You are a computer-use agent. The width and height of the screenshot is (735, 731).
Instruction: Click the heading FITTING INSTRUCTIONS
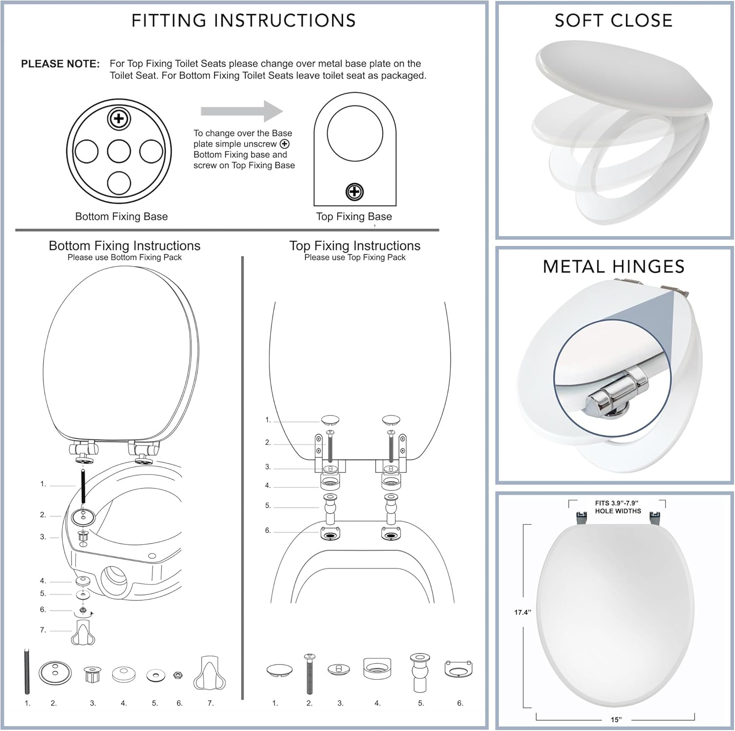(x=244, y=21)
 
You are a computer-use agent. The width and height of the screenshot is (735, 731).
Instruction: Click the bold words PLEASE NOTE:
(x=60, y=64)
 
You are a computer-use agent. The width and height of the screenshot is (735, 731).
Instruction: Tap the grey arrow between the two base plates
(x=242, y=111)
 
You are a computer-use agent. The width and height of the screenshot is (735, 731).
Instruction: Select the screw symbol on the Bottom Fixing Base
(x=119, y=119)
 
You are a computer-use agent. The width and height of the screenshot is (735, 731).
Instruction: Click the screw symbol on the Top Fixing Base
(x=354, y=192)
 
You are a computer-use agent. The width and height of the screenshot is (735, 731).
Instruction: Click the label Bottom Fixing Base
(x=121, y=217)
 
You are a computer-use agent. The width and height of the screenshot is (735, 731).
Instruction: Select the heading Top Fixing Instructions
(x=355, y=245)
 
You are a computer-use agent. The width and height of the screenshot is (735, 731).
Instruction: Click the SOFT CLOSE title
(x=613, y=21)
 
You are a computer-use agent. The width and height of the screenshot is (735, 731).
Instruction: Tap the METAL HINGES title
(x=613, y=267)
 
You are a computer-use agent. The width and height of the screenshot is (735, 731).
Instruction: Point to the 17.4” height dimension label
(x=522, y=612)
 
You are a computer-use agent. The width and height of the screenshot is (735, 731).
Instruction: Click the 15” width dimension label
(x=616, y=720)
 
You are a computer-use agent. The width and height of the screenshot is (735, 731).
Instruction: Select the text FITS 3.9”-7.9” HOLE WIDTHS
(x=617, y=507)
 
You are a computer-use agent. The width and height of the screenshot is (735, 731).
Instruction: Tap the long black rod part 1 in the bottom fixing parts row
(x=27, y=671)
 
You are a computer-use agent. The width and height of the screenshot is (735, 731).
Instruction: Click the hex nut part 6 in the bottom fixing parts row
(x=178, y=675)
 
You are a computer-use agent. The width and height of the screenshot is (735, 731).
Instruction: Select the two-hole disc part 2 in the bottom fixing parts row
(x=55, y=672)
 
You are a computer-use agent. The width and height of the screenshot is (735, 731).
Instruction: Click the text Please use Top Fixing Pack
(x=355, y=257)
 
